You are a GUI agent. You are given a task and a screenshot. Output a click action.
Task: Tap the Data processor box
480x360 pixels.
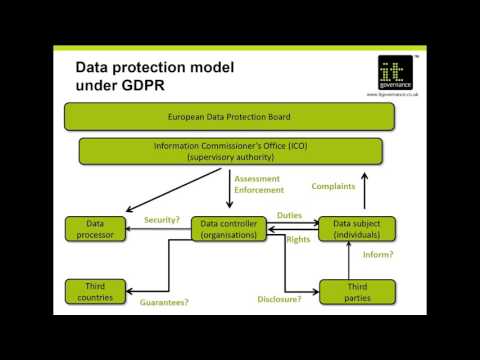click(96, 228)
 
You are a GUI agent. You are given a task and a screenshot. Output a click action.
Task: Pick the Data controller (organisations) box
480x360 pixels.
click(229, 228)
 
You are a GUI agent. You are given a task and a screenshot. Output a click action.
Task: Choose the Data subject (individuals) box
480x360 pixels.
click(357, 228)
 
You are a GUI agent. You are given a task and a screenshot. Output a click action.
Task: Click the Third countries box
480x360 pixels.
click(96, 291)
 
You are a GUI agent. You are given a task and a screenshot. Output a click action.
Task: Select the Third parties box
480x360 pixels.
click(357, 291)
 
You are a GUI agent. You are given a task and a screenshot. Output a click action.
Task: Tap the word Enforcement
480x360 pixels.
click(259, 189)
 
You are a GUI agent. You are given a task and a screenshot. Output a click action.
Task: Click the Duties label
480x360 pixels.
click(290, 215)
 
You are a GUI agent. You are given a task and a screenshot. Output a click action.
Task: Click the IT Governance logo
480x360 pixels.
click(391, 73)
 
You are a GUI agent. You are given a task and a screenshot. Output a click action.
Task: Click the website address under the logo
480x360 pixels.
click(391, 94)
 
